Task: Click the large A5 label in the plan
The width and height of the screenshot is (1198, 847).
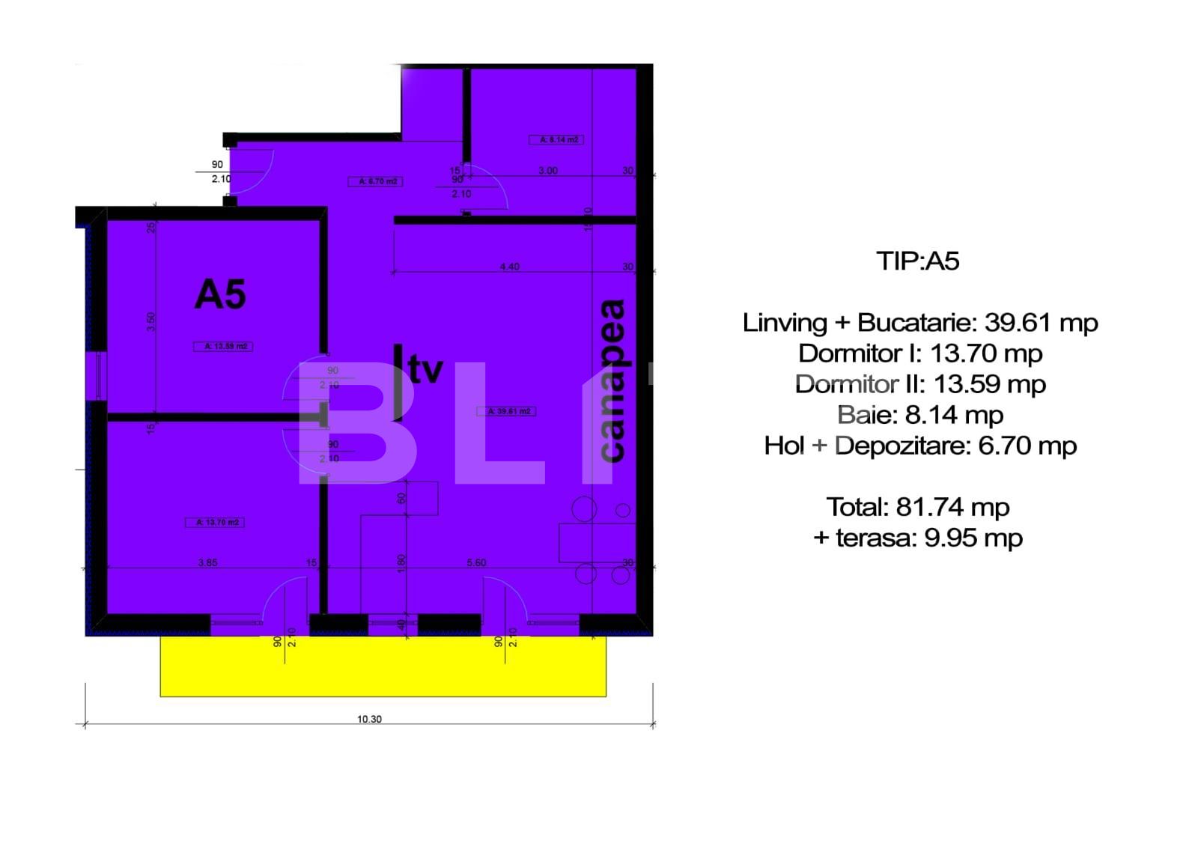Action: pos(220,294)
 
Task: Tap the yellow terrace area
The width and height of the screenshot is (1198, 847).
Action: pos(383,666)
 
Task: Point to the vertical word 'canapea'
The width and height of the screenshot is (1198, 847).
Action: pos(613,380)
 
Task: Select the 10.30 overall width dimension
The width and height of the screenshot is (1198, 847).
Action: pos(369,719)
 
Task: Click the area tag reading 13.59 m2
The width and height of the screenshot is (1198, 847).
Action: pos(223,346)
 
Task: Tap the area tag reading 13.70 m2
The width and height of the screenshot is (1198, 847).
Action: pos(215,522)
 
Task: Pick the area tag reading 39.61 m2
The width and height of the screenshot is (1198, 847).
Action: pos(506,411)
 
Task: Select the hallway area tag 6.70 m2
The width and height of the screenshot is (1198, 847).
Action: pos(376,181)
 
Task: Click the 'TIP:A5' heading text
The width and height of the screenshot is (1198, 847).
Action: pos(918,261)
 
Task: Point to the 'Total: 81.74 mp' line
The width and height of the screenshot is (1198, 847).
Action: pos(918,507)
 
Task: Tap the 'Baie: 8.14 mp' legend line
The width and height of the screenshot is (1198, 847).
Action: pos(920,415)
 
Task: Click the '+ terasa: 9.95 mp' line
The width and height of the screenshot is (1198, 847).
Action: pos(918,538)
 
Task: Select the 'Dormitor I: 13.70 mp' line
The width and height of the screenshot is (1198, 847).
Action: pos(920,353)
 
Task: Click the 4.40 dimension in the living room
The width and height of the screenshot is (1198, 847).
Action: pos(509,267)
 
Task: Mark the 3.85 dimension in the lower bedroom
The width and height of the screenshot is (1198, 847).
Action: pos(207,562)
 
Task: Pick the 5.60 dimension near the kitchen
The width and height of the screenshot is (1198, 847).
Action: pos(476,562)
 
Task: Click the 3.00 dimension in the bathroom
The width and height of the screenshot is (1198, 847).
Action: pos(548,171)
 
